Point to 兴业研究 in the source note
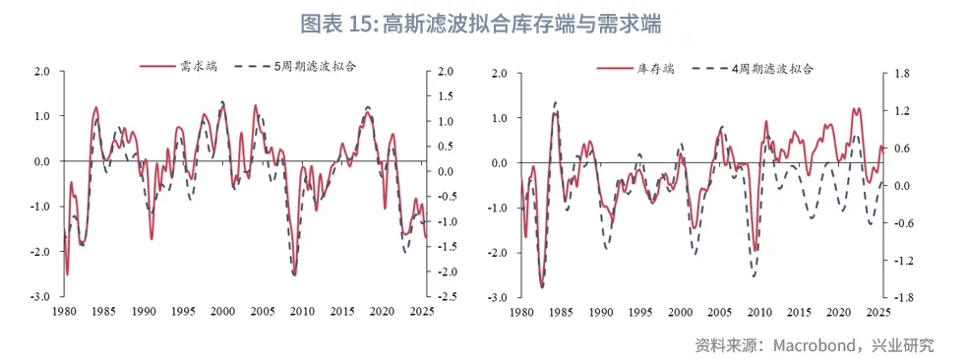(x=900, y=345)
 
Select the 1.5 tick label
(x=446, y=96)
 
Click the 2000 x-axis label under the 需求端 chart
(x=223, y=312)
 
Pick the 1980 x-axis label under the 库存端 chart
(x=520, y=313)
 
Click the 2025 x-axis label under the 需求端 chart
(x=424, y=312)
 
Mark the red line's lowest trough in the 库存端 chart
(x=542, y=286)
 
